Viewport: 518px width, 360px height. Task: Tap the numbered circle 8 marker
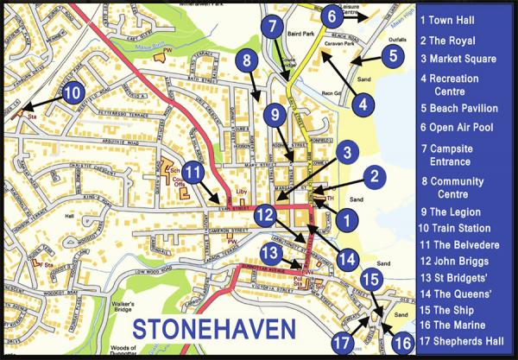click(247, 60)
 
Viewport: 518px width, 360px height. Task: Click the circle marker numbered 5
click(393, 56)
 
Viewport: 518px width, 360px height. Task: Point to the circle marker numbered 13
click(271, 252)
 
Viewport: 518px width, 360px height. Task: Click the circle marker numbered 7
click(273, 25)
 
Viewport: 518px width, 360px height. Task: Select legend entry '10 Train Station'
click(454, 229)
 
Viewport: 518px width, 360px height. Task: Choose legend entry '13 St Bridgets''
click(455, 277)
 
